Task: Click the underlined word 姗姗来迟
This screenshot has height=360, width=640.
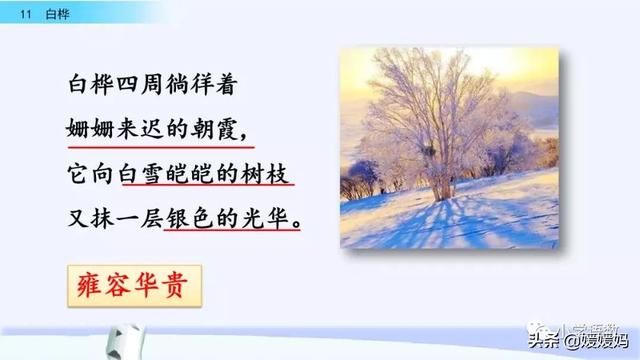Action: click(108, 129)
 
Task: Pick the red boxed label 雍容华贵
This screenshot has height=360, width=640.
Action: click(132, 283)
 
